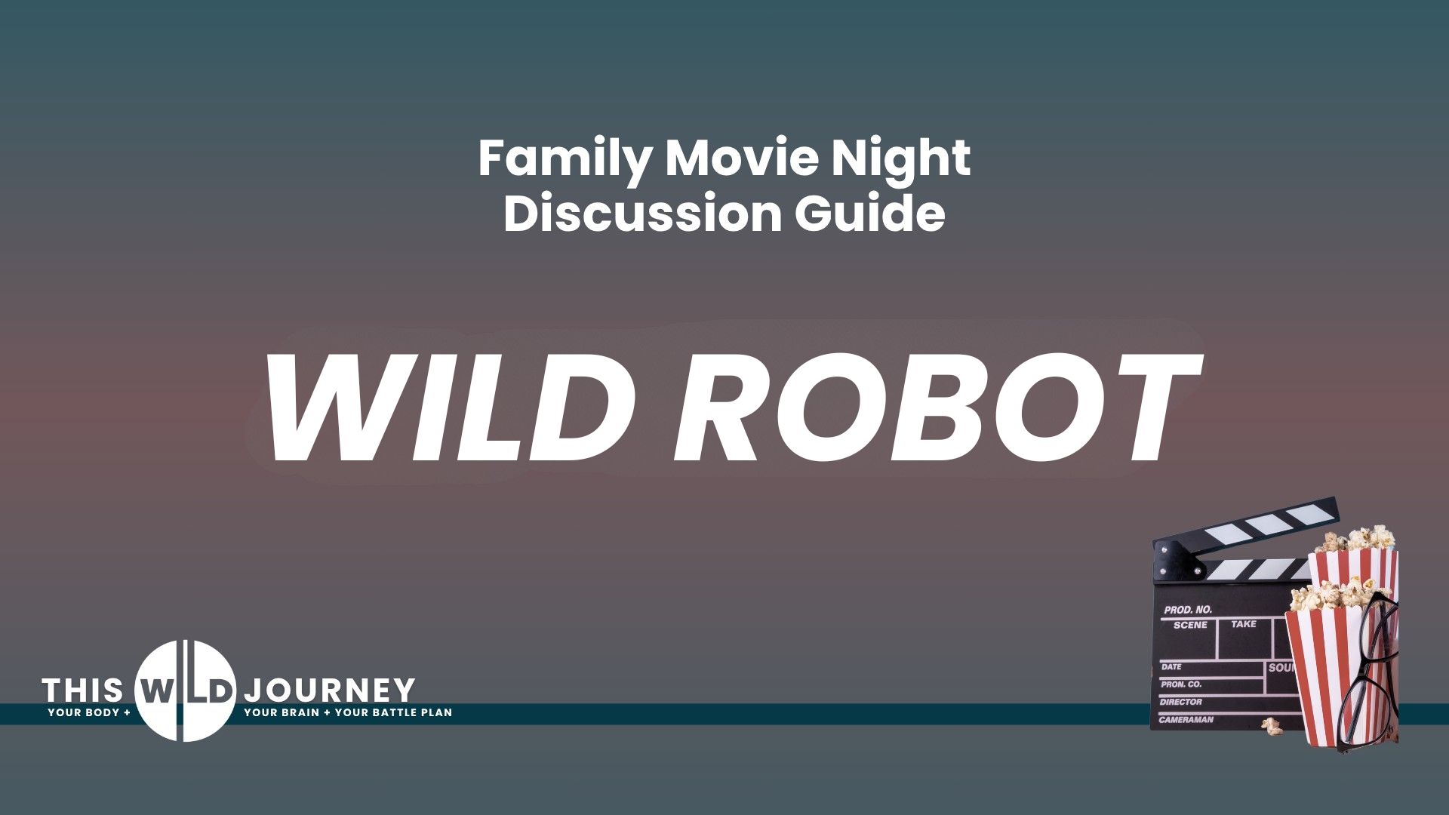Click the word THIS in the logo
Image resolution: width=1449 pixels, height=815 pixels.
click(82, 690)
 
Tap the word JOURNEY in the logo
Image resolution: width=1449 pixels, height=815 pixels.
click(330, 690)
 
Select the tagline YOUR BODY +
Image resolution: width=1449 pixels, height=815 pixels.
click(89, 712)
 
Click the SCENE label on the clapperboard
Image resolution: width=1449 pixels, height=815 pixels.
click(1190, 626)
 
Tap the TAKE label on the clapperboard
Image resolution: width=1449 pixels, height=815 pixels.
click(1244, 624)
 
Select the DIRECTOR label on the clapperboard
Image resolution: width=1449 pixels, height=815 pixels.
click(1182, 703)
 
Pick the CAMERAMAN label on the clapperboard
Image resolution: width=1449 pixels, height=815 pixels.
click(1186, 720)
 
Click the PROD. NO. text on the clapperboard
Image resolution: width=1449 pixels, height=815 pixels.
click(1188, 610)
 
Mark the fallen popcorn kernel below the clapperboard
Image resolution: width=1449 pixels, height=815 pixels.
click(1272, 727)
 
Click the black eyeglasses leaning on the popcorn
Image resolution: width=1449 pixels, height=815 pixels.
click(1367, 672)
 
